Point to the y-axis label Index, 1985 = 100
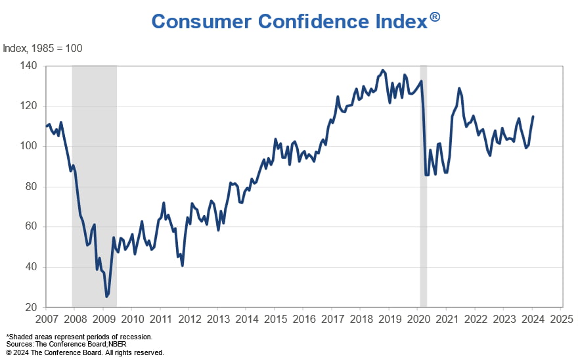pyautogui.click(x=43, y=49)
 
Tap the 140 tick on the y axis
pyautogui.click(x=29, y=66)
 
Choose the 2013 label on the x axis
pyautogui.click(x=217, y=320)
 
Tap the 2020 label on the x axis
pyautogui.click(x=418, y=320)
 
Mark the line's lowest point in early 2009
pyautogui.click(x=107, y=297)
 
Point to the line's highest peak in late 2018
pyautogui.click(x=383, y=70)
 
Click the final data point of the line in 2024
pyautogui.click(x=533, y=116)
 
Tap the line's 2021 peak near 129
pyautogui.click(x=459, y=88)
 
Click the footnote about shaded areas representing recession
pyautogui.click(x=79, y=337)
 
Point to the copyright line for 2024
pyautogui.click(x=85, y=352)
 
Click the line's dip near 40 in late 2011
pyautogui.click(x=182, y=265)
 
